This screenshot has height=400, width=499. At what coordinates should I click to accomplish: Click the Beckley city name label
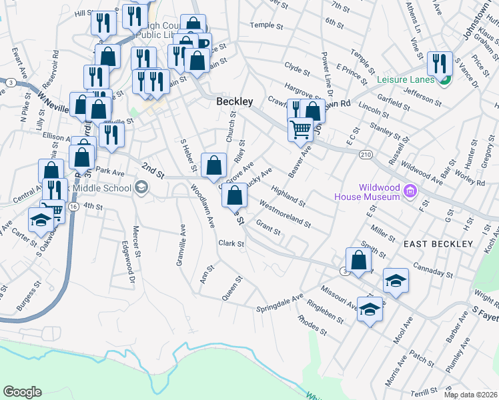click(x=235, y=101)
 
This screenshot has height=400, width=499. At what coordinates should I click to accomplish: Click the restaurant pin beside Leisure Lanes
click(x=439, y=64)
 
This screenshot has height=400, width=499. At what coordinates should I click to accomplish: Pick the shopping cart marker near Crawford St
click(x=301, y=128)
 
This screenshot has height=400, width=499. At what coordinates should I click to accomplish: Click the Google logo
click(x=22, y=391)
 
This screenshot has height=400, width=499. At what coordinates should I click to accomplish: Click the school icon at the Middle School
click(x=141, y=188)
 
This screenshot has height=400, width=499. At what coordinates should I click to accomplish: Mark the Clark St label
click(x=232, y=243)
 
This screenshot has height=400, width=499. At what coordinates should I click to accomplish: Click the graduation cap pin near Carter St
click(x=41, y=220)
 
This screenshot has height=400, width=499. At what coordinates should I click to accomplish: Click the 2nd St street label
click(x=152, y=169)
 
